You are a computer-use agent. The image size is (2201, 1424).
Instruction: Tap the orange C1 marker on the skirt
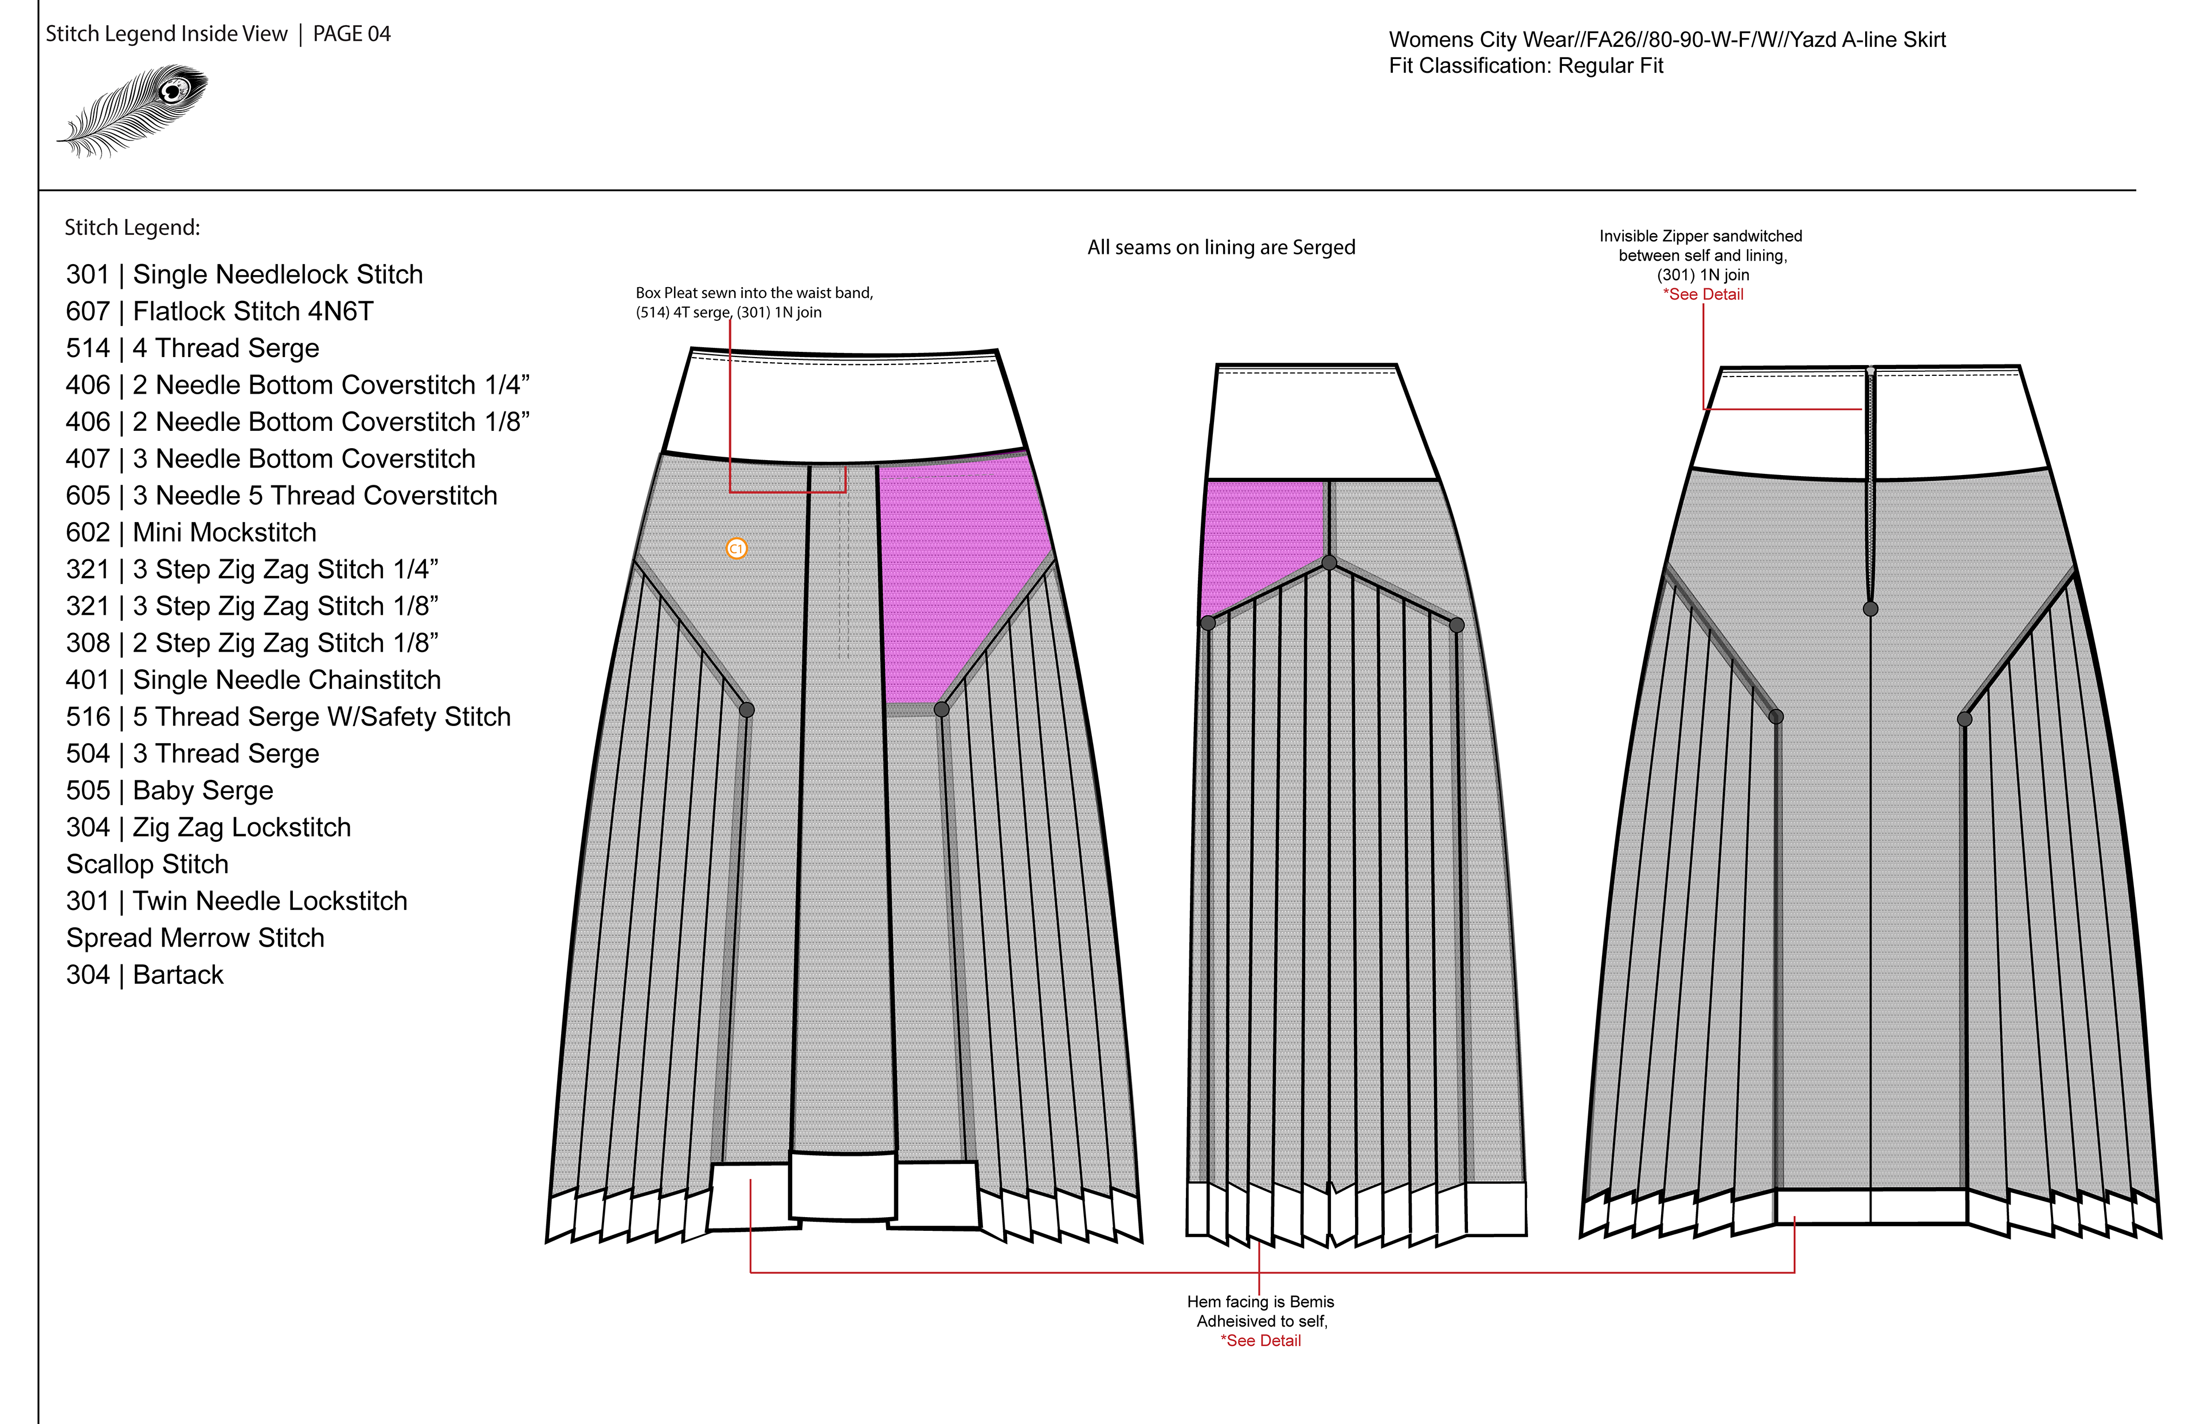[736, 548]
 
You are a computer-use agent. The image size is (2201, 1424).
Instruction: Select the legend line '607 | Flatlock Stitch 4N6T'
[219, 312]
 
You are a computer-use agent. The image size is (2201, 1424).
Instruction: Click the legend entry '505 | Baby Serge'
[169, 791]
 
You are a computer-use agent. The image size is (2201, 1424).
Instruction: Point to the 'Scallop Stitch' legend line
[147, 865]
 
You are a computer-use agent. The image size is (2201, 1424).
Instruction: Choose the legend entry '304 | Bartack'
[144, 975]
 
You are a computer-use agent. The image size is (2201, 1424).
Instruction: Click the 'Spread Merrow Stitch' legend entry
[195, 937]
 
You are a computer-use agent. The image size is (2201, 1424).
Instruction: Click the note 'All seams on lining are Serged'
[1221, 248]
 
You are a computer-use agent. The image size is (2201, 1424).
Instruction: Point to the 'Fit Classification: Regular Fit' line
[1525, 66]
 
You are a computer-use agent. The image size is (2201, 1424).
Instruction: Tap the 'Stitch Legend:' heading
[132, 227]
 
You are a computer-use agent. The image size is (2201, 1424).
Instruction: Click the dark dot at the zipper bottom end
[1870, 609]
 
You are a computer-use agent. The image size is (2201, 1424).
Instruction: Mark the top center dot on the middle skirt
[1329, 562]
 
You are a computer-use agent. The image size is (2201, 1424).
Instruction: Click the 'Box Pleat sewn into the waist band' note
[754, 293]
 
